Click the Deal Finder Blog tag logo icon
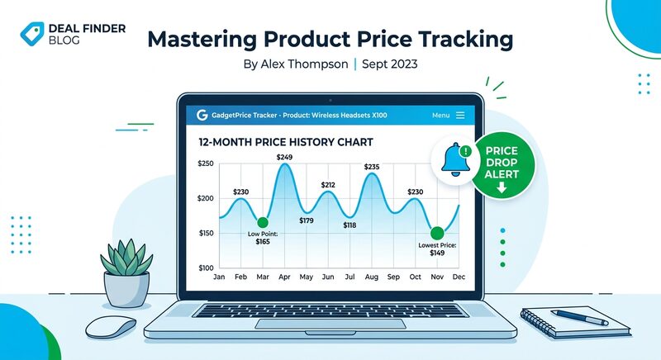point(31,34)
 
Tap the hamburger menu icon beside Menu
point(460,116)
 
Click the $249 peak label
point(285,156)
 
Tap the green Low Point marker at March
point(263,222)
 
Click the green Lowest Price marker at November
point(435,234)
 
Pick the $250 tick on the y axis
point(207,164)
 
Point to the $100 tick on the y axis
point(207,268)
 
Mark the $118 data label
point(350,225)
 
